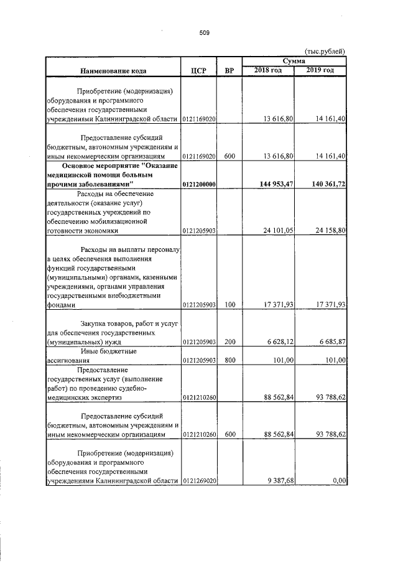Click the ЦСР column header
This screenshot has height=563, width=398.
tap(197, 70)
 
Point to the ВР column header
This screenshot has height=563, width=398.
tap(229, 70)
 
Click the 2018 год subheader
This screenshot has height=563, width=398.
tap(268, 70)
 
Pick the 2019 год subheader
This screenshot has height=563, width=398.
tap(320, 70)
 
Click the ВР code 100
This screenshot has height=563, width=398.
tap(229, 305)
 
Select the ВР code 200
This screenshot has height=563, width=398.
tap(229, 342)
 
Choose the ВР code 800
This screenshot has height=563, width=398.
tap(229, 360)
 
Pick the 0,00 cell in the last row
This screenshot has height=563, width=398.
tap(339, 480)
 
